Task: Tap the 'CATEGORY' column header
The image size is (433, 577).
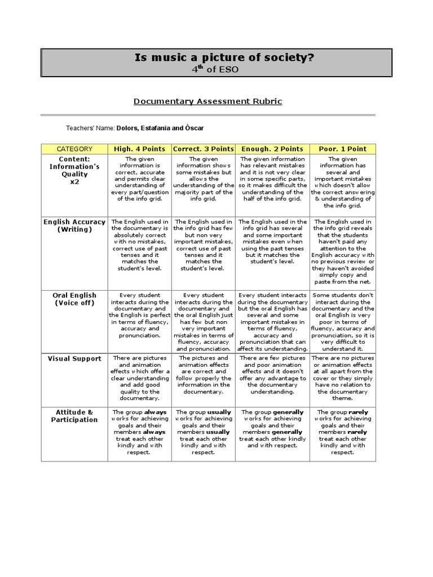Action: [74, 149]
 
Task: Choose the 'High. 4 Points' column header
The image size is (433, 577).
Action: [140, 149]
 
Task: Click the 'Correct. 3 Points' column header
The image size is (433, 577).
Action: [204, 149]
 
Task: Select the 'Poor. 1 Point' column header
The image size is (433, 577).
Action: [342, 149]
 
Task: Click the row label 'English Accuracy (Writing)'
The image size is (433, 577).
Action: [74, 226]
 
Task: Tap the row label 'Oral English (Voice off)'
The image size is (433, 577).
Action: [74, 299]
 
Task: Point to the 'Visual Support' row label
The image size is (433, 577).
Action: [74, 358]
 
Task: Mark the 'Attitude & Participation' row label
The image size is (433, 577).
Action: [74, 416]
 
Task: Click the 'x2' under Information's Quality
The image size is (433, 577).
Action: [74, 182]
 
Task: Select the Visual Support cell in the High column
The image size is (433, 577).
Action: [140, 378]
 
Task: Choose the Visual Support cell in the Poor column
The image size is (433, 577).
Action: [342, 378]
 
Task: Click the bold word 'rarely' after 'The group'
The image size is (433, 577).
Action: [358, 412]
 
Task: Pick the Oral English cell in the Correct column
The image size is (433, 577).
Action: [204, 322]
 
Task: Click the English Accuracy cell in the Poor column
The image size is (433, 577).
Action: [342, 252]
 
